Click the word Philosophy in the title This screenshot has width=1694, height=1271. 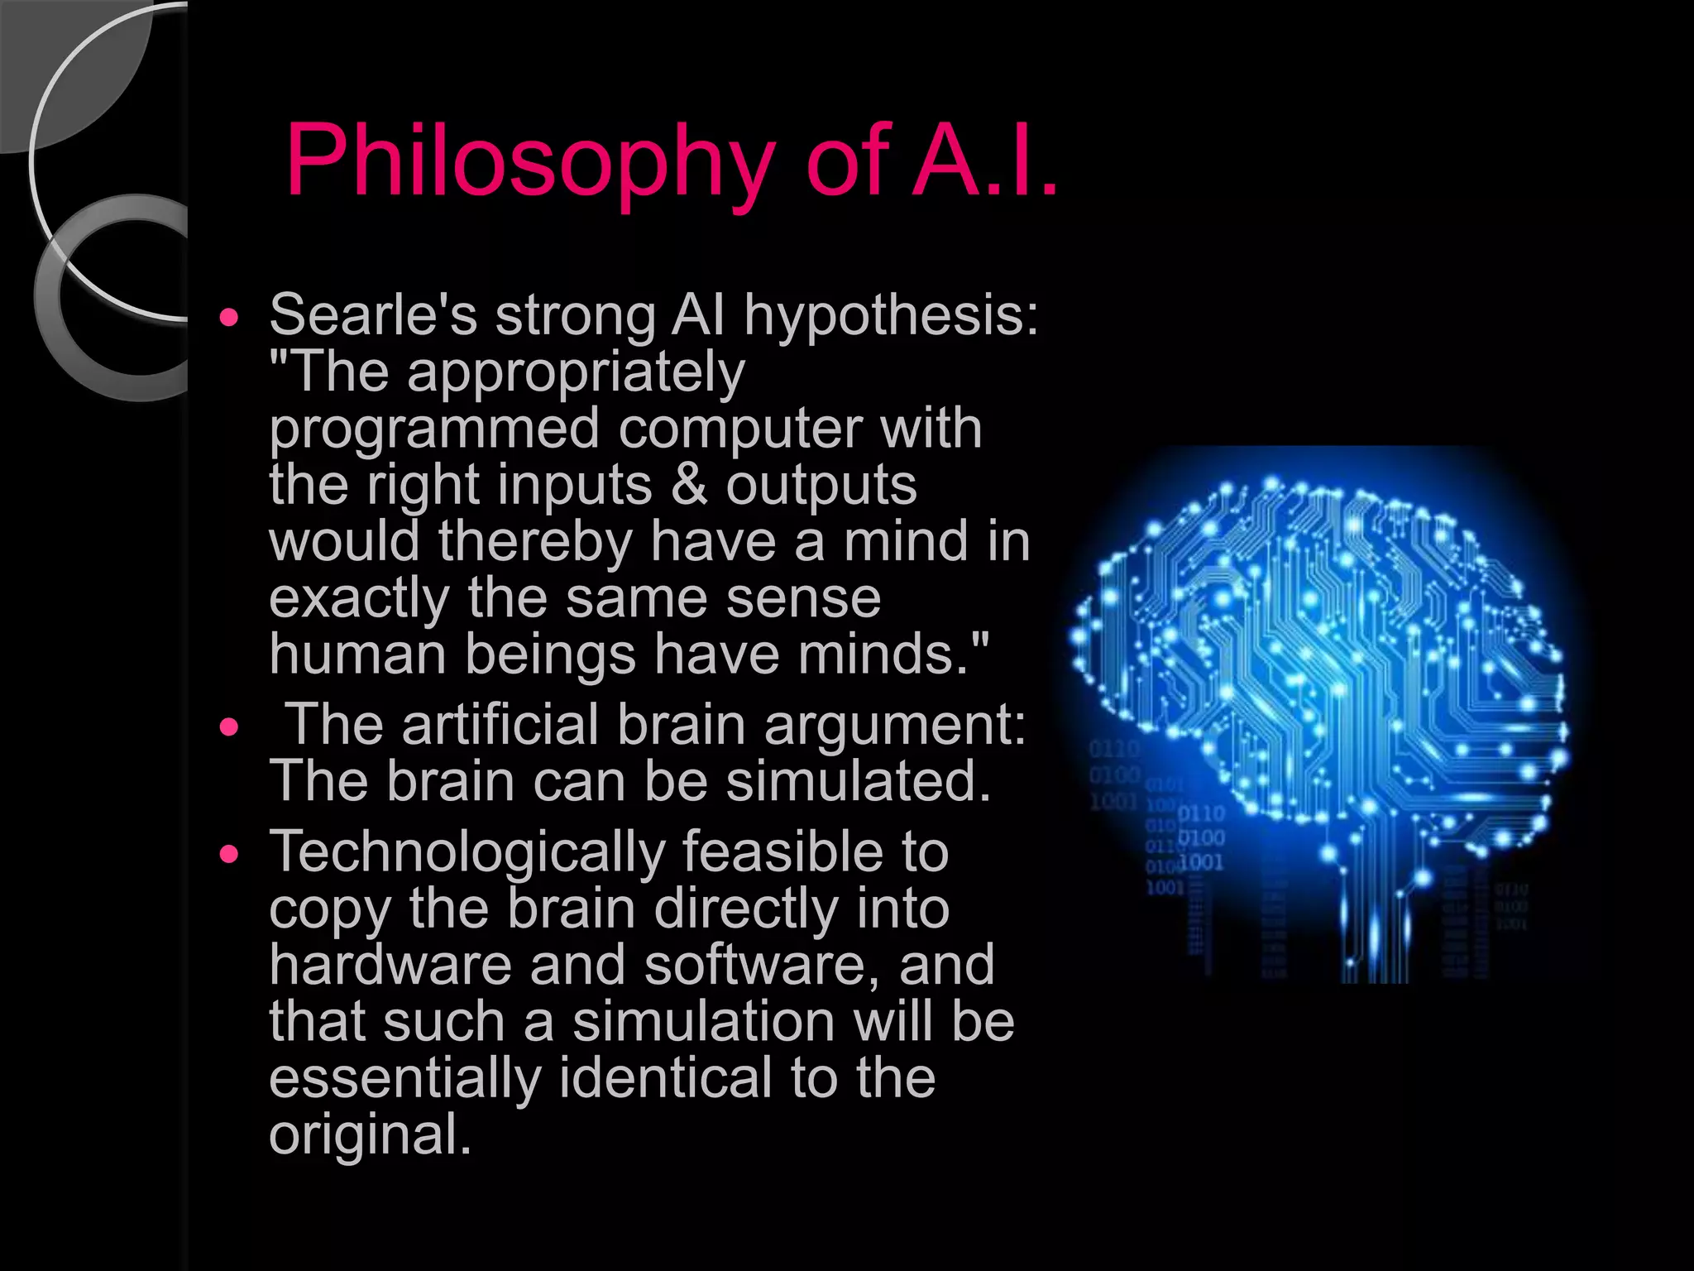click(x=529, y=161)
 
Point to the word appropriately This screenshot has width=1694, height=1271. click(x=576, y=374)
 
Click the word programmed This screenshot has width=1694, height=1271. click(x=434, y=430)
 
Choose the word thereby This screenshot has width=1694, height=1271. click(x=535, y=542)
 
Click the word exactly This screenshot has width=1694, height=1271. click(x=359, y=599)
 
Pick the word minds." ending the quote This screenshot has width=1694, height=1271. click(x=893, y=655)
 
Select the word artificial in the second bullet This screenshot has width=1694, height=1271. click(x=500, y=725)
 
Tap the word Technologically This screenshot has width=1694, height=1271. click(x=467, y=852)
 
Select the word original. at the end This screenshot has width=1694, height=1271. click(x=370, y=1134)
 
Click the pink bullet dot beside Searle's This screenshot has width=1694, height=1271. click(x=229, y=317)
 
